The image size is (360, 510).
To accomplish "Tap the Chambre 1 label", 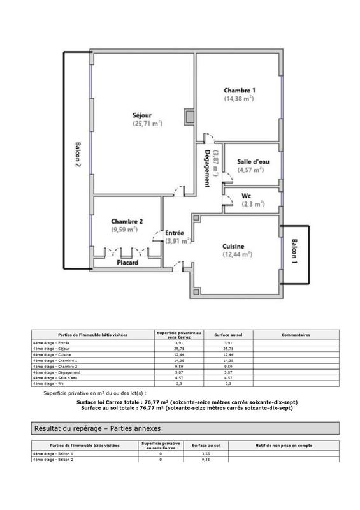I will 239,90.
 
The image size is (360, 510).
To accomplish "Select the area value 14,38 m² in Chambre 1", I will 239,99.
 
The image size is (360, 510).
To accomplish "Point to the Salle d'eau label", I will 250,162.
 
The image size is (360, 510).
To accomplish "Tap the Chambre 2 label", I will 126,221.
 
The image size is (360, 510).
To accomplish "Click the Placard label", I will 127,262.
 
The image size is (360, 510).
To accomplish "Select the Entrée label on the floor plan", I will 175,233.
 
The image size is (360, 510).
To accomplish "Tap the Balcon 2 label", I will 77,154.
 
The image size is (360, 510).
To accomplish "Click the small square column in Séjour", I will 188,117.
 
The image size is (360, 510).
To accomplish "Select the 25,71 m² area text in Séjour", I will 147,124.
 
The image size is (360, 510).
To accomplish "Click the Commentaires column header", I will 294,333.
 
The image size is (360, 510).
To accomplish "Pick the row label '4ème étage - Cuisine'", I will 51,354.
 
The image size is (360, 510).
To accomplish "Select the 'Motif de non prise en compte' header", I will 283,446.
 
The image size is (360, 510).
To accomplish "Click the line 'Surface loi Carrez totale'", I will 181,402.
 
